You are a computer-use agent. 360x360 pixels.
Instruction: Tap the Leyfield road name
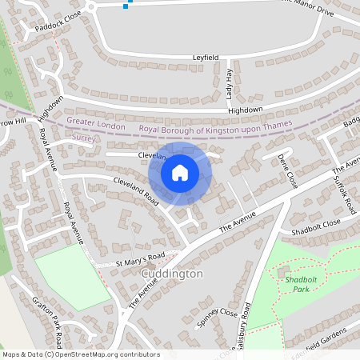(206, 58)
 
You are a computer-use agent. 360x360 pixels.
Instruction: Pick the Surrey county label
(83, 138)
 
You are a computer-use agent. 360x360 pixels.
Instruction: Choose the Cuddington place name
(172, 274)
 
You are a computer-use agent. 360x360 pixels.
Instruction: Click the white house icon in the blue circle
(180, 172)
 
